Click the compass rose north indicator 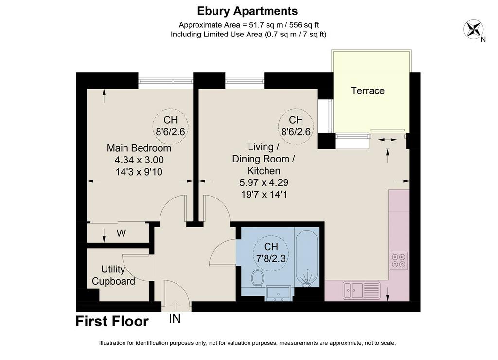(x=474, y=30)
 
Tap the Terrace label (x=368, y=91)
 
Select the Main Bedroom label (x=139, y=148)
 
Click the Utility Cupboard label (x=113, y=275)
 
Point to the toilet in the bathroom (x=257, y=278)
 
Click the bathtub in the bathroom (x=307, y=258)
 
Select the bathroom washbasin (x=278, y=293)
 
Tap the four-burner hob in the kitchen (x=399, y=261)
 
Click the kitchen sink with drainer (x=361, y=290)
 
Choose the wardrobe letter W (x=121, y=234)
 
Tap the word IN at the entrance (x=175, y=318)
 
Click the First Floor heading (x=112, y=321)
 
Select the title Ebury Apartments (x=248, y=11)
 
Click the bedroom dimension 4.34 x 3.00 (x=139, y=160)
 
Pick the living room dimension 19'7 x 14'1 (x=264, y=194)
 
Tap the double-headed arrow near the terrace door (x=388, y=140)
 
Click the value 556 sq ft (x=304, y=25)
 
